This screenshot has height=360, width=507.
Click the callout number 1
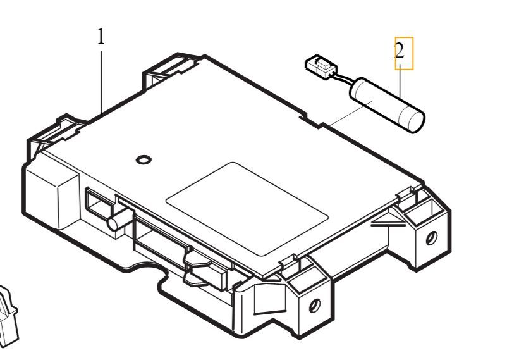click(101, 36)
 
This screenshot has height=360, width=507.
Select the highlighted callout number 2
click(400, 51)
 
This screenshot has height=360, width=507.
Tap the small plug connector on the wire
click(320, 66)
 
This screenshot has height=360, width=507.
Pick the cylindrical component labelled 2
click(387, 104)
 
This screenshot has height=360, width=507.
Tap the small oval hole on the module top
click(144, 159)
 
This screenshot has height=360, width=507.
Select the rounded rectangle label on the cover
click(247, 209)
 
